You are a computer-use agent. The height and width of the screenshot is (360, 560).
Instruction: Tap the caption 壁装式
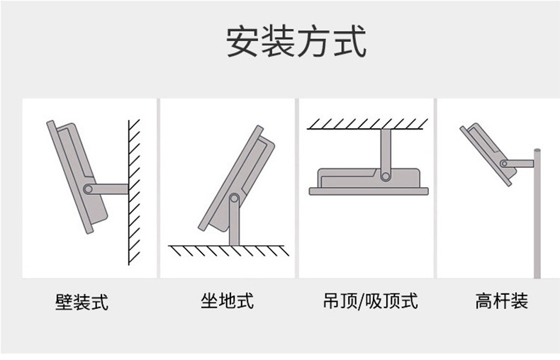pyautogui.click(x=82, y=302)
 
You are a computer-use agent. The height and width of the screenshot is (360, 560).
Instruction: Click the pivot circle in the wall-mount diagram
pyautogui.click(x=88, y=189)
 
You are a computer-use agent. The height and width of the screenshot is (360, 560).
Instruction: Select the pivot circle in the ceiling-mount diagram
pyautogui.click(x=386, y=175)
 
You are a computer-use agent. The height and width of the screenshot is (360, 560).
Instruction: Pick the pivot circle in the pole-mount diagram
pyautogui.click(x=503, y=163)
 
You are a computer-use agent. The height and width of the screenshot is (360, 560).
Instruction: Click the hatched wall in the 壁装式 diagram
pyautogui.click(x=135, y=191)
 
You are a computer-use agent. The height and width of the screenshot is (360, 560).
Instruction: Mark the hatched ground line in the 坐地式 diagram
pyautogui.click(x=228, y=249)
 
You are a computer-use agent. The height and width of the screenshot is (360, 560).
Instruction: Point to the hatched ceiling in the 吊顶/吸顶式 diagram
pyautogui.click(x=367, y=124)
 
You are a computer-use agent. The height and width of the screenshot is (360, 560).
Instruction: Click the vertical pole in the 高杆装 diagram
pyautogui.click(x=537, y=220)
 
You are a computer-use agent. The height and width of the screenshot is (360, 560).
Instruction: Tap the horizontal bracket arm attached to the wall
pyautogui.click(x=110, y=189)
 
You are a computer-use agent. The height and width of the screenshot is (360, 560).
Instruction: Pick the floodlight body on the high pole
pyautogui.click(x=486, y=152)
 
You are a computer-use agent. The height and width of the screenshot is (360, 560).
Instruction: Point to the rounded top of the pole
pyautogui.click(x=537, y=150)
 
